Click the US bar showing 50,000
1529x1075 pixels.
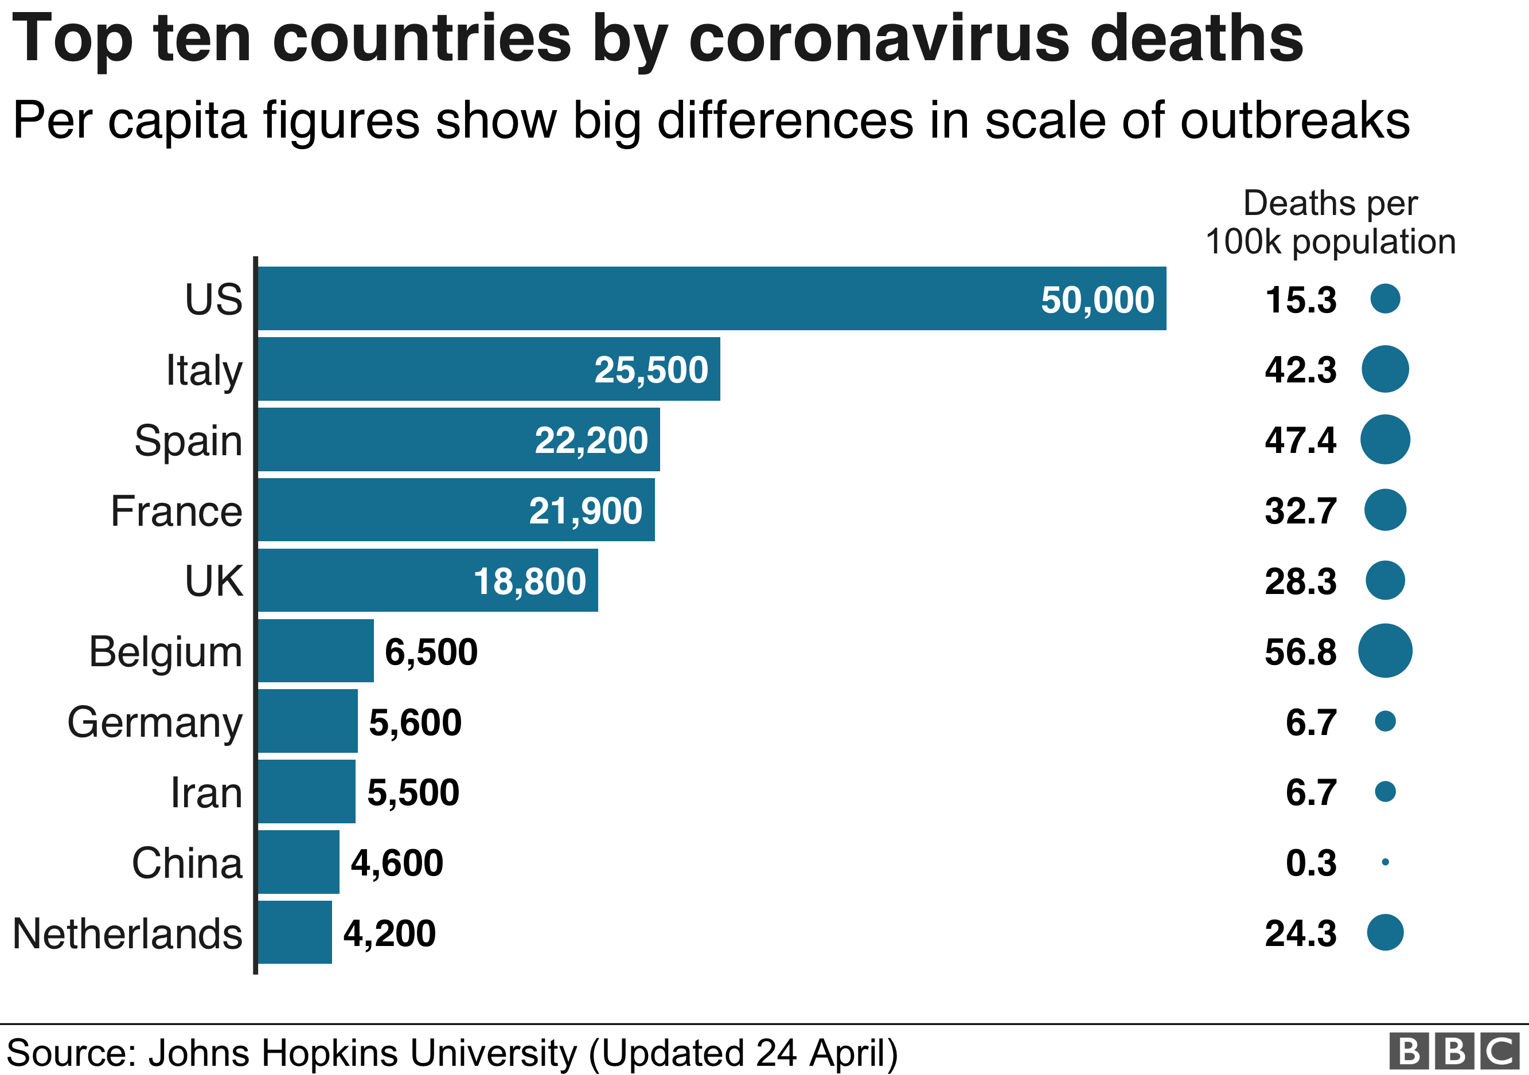click(711, 298)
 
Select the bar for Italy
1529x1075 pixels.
click(489, 369)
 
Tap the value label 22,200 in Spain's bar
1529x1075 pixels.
click(591, 440)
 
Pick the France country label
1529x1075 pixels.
click(177, 511)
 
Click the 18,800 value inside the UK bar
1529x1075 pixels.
click(529, 581)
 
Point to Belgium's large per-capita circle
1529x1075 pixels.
click(1384, 650)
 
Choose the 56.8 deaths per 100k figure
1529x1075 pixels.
click(1300, 652)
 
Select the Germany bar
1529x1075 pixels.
click(307, 721)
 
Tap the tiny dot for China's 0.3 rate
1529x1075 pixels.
click(1385, 862)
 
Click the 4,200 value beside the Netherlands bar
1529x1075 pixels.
click(389, 933)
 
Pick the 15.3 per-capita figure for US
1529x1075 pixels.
click(1300, 299)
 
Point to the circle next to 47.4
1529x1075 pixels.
click(1384, 439)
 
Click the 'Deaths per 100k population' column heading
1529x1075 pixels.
click(1330, 222)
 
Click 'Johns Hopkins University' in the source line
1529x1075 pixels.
click(363, 1053)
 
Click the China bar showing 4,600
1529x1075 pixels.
click(298, 862)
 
